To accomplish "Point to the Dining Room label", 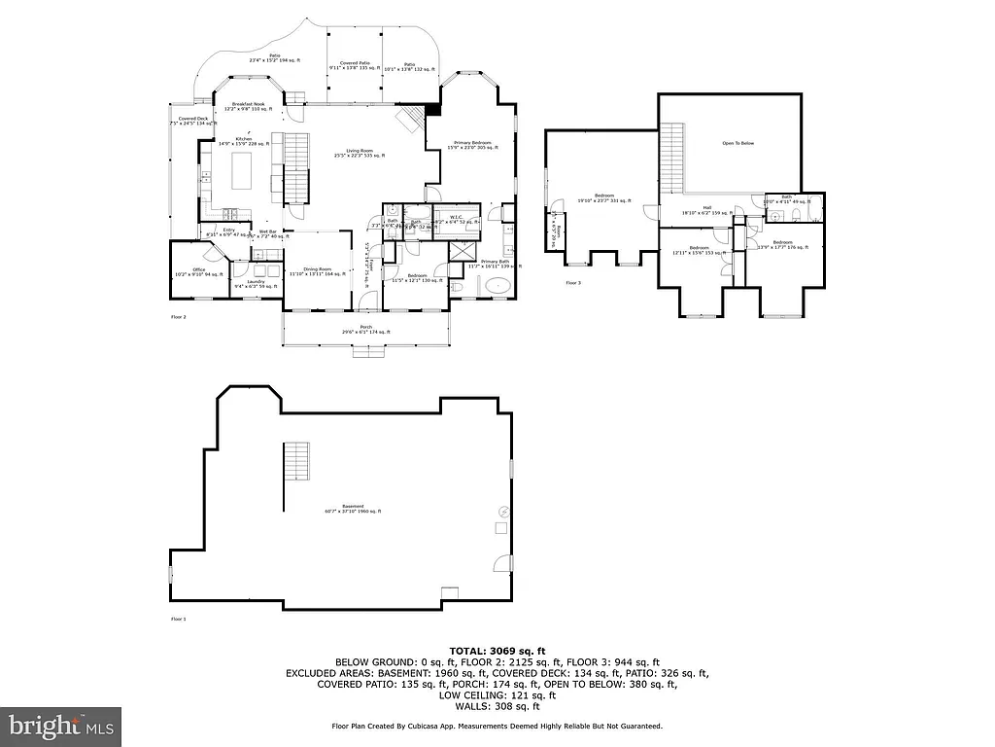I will pyautogui.click(x=317, y=271).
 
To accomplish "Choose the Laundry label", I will pyautogui.click(x=256, y=283).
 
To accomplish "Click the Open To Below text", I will pyautogui.click(x=738, y=143).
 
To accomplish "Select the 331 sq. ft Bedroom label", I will pyautogui.click(x=604, y=198).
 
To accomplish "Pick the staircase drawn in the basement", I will pyautogui.click(x=296, y=460).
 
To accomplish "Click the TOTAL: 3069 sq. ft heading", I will pyautogui.click(x=497, y=650).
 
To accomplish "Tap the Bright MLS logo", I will pyautogui.click(x=60, y=726).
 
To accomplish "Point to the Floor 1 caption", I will pyautogui.click(x=178, y=619).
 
